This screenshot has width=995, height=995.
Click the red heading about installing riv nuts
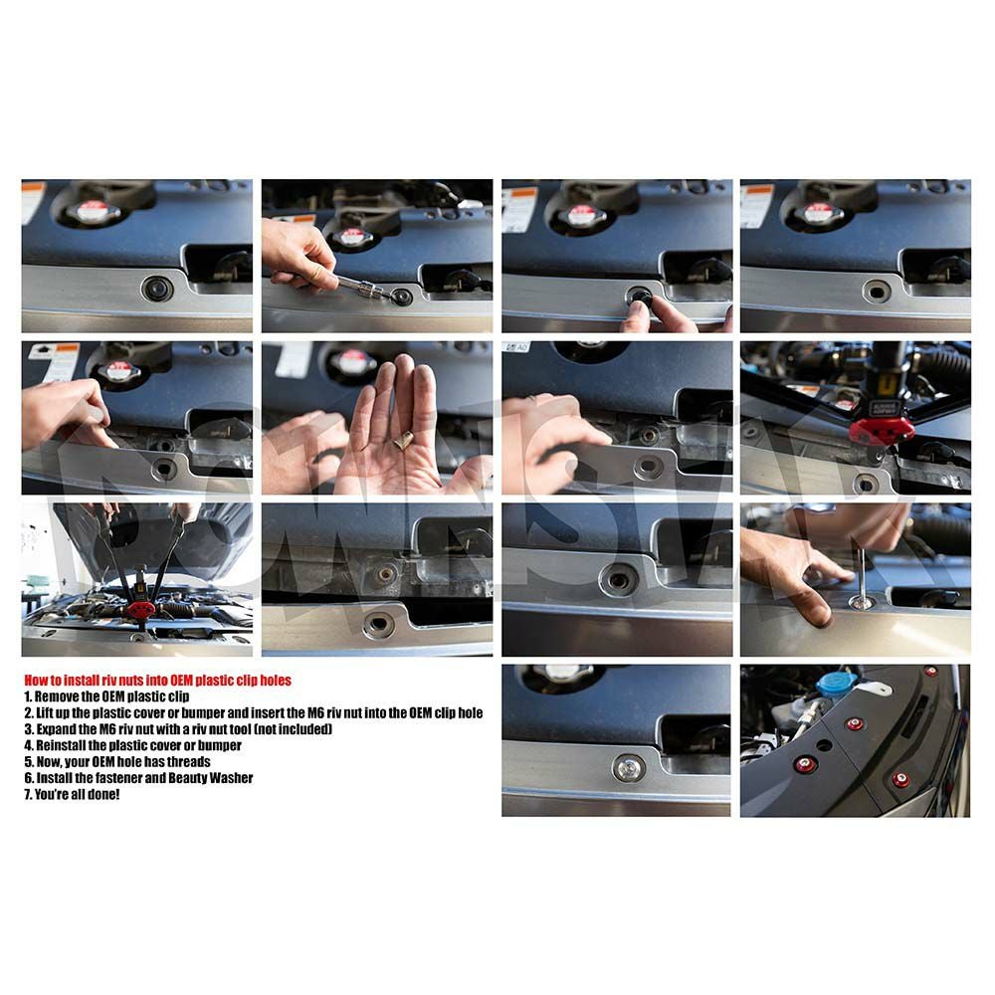pyautogui.click(x=158, y=681)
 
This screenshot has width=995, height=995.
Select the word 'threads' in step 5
pyautogui.click(x=188, y=761)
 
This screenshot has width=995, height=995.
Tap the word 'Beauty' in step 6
pyautogui.click(x=187, y=778)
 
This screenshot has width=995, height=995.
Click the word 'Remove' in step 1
pyautogui.click(x=57, y=696)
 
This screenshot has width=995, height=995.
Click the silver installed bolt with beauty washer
pyautogui.click(x=629, y=768)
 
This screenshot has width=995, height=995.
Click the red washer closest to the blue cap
pyautogui.click(x=855, y=724)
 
